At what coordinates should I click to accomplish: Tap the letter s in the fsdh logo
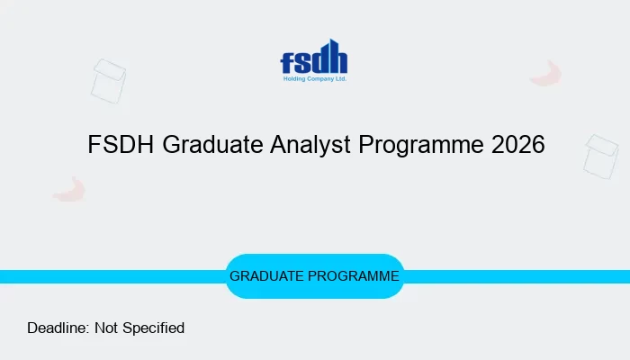click(301, 64)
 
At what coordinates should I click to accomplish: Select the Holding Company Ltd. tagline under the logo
click(314, 79)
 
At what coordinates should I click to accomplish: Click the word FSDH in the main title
click(121, 145)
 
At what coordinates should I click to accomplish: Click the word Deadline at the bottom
click(58, 328)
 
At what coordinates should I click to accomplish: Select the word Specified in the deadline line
click(154, 328)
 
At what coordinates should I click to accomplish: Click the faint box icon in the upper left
click(109, 81)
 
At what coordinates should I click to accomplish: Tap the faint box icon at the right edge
click(601, 156)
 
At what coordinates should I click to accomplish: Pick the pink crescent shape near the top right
click(545, 74)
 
